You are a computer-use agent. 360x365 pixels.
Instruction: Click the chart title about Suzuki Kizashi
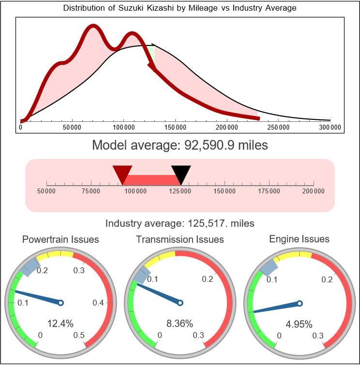tap(180, 8)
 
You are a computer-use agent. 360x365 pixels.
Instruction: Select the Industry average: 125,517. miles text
tap(180, 223)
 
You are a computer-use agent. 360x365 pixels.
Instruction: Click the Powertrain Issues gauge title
tap(61, 239)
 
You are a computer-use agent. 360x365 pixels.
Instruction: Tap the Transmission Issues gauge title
tap(180, 239)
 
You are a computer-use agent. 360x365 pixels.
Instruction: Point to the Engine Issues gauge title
tap(300, 239)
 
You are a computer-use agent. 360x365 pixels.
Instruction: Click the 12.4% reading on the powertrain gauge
tap(60, 323)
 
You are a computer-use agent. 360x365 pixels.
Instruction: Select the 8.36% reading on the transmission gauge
tap(180, 323)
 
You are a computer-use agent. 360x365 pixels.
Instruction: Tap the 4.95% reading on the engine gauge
tap(299, 323)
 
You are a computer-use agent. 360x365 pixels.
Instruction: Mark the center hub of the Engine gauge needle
tap(300, 303)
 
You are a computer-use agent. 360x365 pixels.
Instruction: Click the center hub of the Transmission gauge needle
tap(180, 303)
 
